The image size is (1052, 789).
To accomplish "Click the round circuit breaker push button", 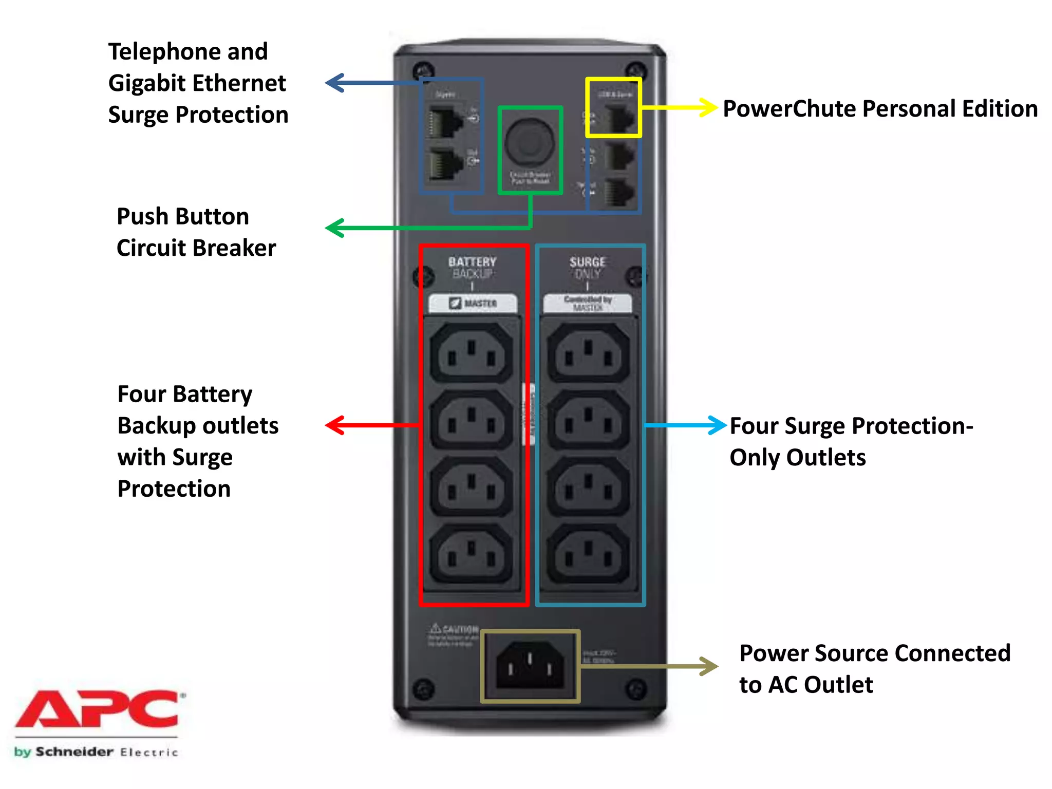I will (529, 142).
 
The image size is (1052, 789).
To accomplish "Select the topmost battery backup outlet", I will (471, 353).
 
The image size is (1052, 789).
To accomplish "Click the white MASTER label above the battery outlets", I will (473, 303).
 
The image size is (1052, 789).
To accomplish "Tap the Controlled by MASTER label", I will (588, 303).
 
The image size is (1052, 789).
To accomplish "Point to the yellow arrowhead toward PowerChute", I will (708, 107).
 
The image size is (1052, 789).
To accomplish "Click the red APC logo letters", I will (98, 709).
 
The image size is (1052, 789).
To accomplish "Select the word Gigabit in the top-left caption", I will (147, 83).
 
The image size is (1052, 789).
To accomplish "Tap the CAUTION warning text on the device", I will (460, 629).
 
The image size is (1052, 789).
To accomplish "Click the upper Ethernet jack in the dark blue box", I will (445, 122).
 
